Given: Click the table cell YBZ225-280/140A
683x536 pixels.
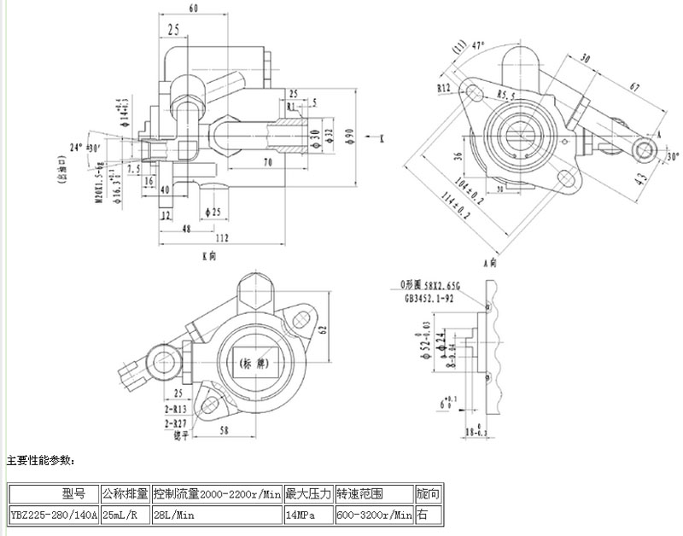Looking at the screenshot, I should coord(53,516).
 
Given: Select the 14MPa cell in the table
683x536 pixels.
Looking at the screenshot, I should coord(308,516).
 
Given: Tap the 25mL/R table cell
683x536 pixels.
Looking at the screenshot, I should coord(125,516).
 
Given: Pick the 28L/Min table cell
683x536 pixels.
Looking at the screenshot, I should coord(217,516).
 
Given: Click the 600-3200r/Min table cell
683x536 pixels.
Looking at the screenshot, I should coord(374,516).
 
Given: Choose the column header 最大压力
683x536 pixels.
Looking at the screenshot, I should coord(308,494).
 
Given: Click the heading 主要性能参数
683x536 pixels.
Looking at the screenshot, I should coord(41,461).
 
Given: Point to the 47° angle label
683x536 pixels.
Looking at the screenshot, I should coord(476,44).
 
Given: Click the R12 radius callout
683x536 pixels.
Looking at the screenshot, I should coord(444,87).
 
